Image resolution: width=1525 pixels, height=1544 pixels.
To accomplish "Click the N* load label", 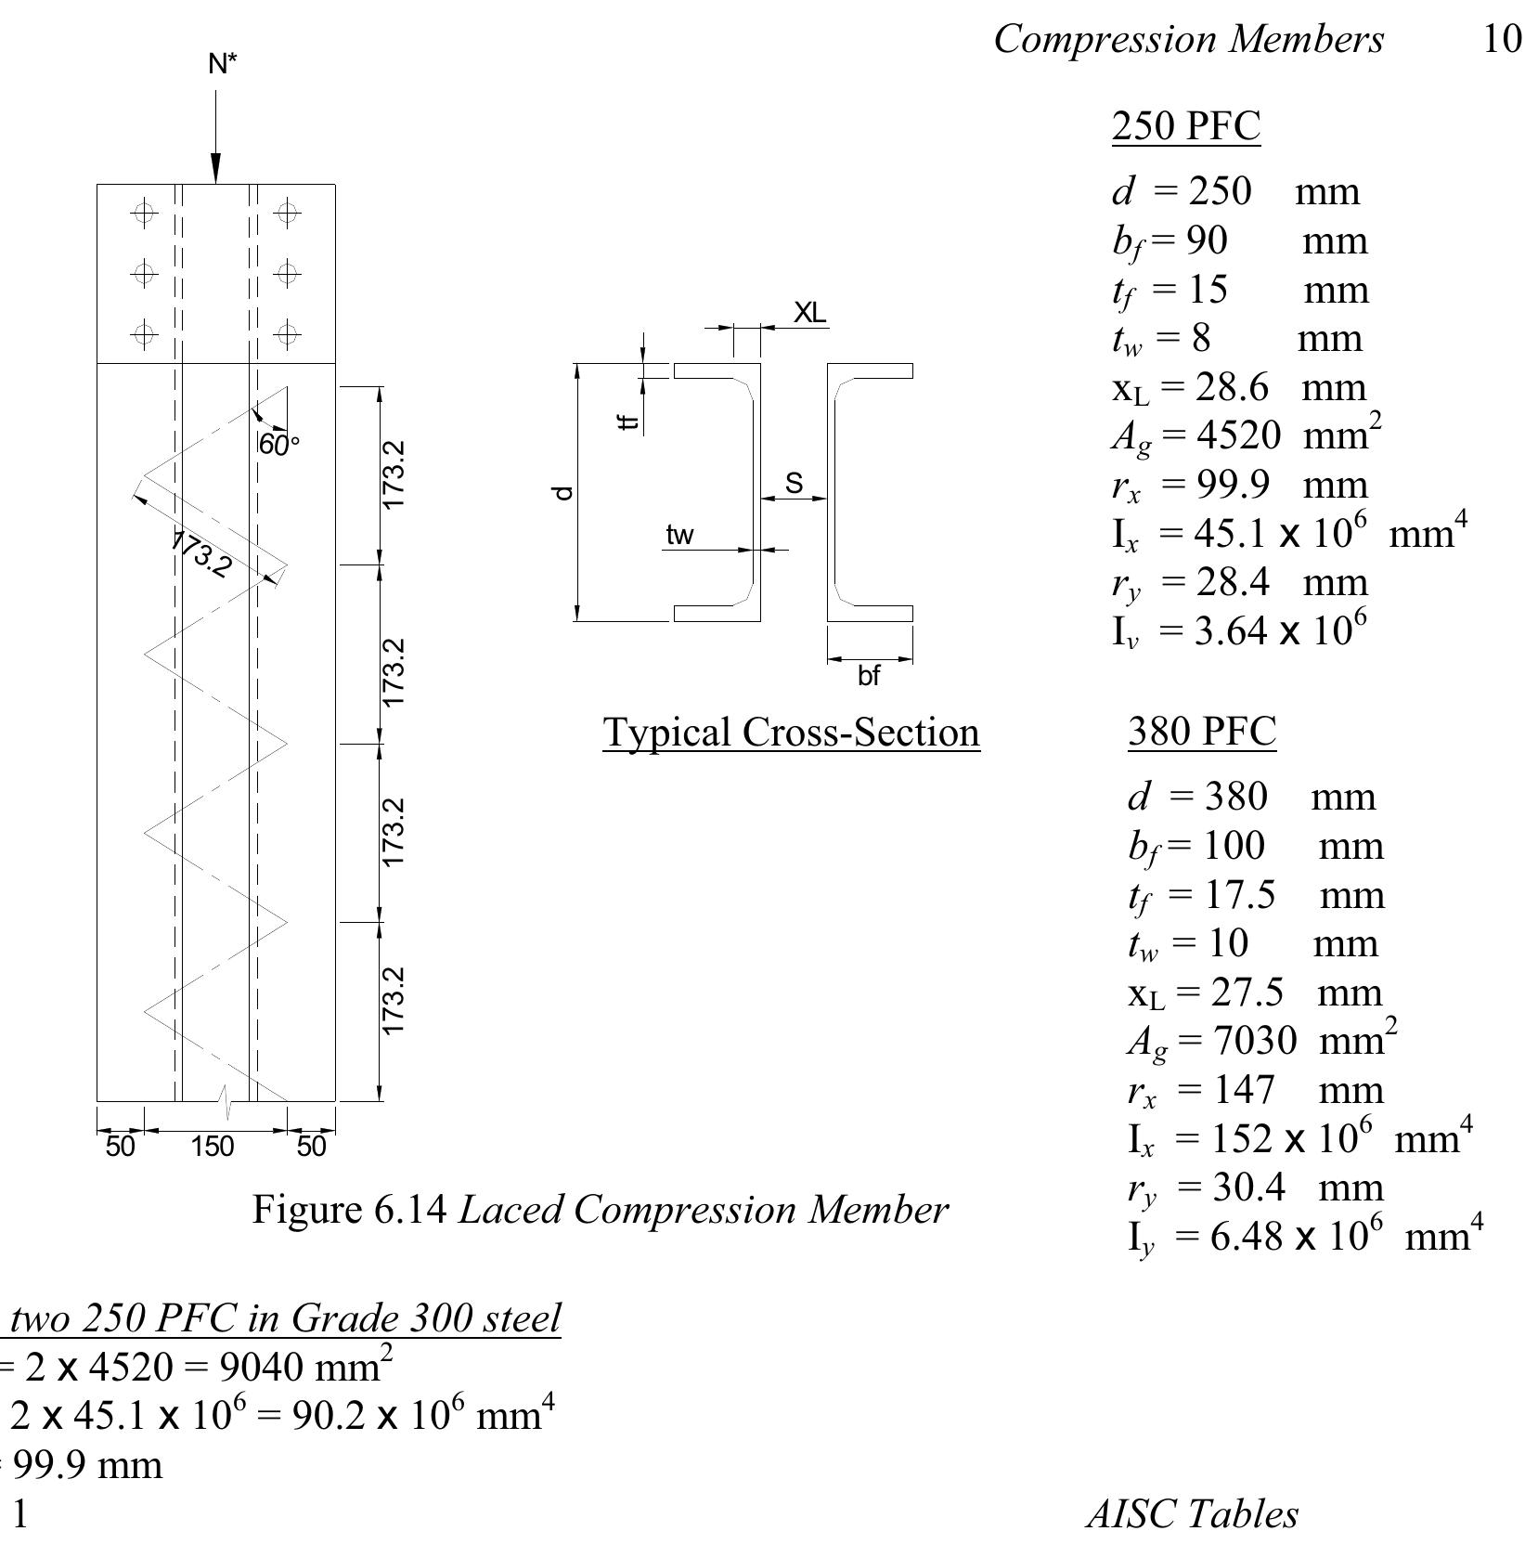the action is pyautogui.click(x=223, y=64).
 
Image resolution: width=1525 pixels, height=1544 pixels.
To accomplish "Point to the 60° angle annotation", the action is pyautogui.click(x=278, y=446).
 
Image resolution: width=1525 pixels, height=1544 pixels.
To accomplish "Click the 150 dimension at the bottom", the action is pyautogui.click(x=213, y=1147).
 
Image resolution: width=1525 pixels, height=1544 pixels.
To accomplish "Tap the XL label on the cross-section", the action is pyautogui.click(x=809, y=313).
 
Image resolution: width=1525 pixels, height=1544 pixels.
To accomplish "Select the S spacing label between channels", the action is pyautogui.click(x=794, y=483).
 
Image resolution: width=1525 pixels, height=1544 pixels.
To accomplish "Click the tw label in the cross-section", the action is pyautogui.click(x=679, y=536).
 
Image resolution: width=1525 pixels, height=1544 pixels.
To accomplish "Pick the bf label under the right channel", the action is pyautogui.click(x=868, y=676).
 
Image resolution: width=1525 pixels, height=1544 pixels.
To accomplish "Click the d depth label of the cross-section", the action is pyautogui.click(x=563, y=493).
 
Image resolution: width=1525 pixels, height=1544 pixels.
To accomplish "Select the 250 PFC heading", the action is pyautogui.click(x=1186, y=126).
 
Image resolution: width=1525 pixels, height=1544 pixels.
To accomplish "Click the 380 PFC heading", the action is pyautogui.click(x=1202, y=732).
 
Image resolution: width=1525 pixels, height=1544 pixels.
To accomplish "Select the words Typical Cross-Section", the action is pyautogui.click(x=791, y=733).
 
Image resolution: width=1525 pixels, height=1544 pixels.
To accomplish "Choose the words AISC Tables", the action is pyautogui.click(x=1192, y=1513).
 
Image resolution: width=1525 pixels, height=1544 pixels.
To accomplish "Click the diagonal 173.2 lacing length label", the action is pyautogui.click(x=200, y=554).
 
